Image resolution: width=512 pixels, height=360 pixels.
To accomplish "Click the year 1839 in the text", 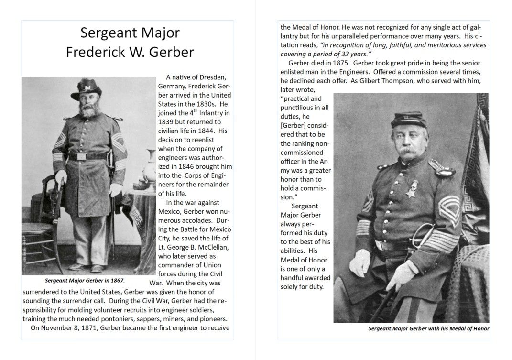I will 166,122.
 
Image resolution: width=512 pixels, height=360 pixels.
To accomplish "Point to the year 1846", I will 196,166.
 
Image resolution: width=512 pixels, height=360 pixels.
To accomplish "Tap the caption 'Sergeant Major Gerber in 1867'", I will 85,280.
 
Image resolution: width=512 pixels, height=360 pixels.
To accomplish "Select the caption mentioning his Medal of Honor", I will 428,328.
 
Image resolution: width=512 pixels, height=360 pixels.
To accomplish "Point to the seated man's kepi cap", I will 408,120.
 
